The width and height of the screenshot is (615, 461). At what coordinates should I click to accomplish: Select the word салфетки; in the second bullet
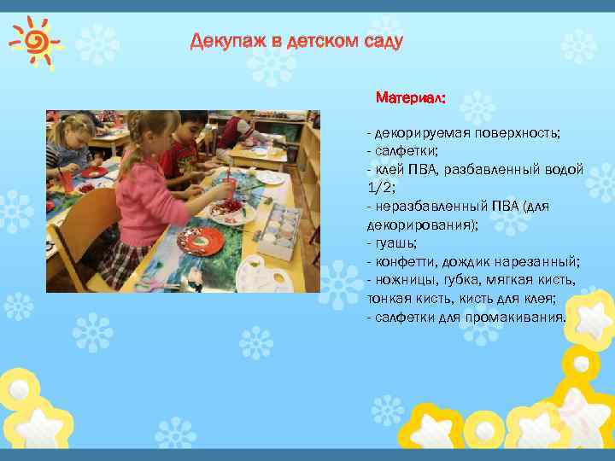coord(404,151)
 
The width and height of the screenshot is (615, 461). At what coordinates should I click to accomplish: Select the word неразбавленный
coord(425,206)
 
